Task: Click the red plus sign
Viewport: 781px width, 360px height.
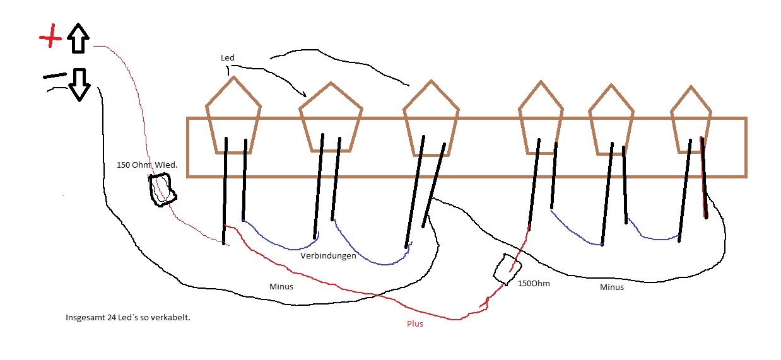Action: [x=50, y=36]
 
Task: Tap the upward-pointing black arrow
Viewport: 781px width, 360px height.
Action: [x=78, y=38]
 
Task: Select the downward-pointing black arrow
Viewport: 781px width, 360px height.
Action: [x=79, y=84]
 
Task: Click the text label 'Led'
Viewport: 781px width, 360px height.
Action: [x=227, y=57]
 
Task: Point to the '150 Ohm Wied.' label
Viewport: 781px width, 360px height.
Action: [x=147, y=165]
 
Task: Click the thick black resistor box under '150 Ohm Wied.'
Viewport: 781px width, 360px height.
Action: [x=163, y=190]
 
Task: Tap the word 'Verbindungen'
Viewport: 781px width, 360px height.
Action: [x=328, y=256]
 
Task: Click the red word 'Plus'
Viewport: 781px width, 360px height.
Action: [x=415, y=324]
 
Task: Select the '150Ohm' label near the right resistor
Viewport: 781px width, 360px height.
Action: [x=534, y=283]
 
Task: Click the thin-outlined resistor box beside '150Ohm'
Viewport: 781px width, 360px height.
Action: [x=507, y=269]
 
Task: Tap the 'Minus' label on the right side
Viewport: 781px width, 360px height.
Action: [x=612, y=287]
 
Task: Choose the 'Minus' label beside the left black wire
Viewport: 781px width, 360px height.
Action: [x=281, y=286]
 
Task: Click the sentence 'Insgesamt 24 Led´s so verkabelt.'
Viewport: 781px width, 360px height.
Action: [x=128, y=318]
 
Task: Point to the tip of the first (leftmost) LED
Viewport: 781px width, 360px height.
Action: [x=233, y=77]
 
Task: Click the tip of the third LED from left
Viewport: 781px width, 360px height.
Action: [x=431, y=81]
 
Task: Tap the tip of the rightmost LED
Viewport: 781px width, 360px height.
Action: [x=691, y=86]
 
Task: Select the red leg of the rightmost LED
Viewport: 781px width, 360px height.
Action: [x=703, y=177]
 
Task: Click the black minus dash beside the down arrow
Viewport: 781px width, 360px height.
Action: [x=55, y=76]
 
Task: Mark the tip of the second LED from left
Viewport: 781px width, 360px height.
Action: [x=331, y=83]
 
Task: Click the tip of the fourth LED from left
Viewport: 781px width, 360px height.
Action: [x=541, y=81]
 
